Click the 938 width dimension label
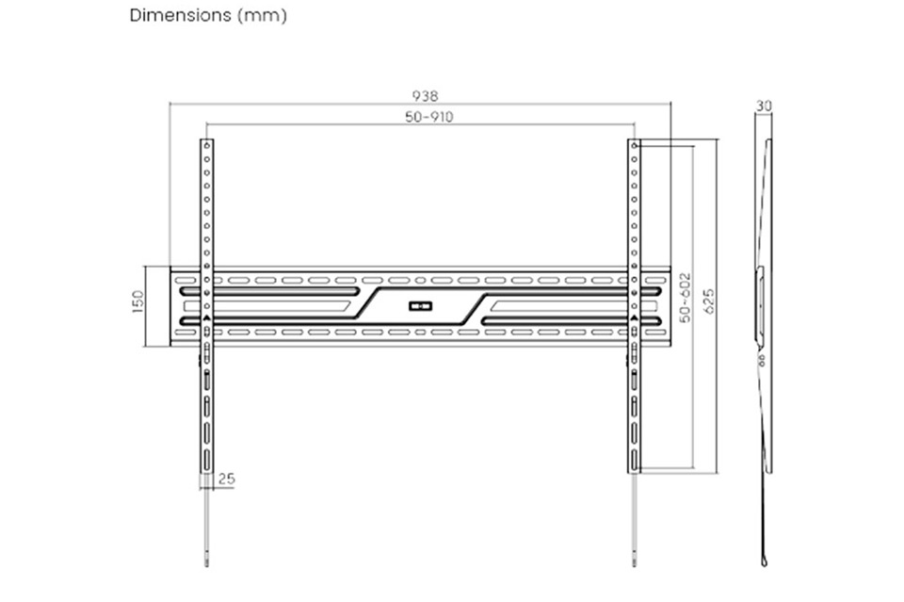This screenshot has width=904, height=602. coord(425,96)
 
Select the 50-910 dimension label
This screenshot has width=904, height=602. coord(429,117)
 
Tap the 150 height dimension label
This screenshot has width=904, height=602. coord(137,301)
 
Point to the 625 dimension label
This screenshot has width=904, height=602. coord(708,301)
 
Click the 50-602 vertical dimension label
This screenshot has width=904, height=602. coord(685,298)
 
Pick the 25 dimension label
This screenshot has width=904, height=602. coord(227,479)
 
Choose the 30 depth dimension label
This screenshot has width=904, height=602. coord(764,106)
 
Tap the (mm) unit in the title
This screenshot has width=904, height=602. coord(263,16)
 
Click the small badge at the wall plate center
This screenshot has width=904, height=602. coord(421,305)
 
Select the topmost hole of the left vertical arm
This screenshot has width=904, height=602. coord(207,145)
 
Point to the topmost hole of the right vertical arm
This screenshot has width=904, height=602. coord(634,145)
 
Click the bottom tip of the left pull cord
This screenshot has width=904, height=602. coord(207,565)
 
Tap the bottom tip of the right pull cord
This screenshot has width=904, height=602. coord(634,565)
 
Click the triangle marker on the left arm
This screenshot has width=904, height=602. coord(207,317)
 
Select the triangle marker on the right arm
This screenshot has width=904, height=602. coord(634,317)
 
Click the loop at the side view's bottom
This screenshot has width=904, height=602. coord(765,561)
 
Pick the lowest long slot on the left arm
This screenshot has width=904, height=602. coord(207,460)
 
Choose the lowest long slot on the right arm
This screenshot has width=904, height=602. coord(634,460)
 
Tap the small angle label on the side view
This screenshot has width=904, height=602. coord(761,361)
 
